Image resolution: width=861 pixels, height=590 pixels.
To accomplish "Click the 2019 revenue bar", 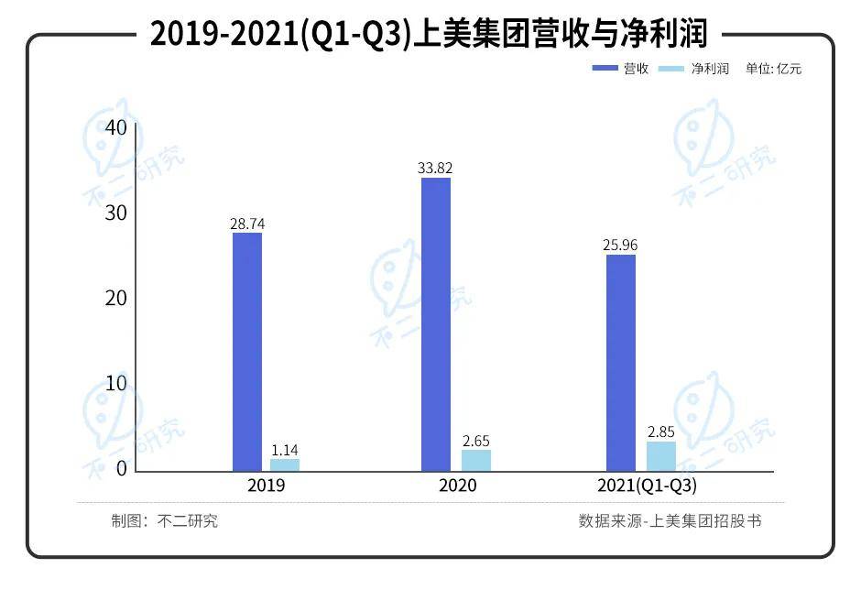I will [x=247, y=352].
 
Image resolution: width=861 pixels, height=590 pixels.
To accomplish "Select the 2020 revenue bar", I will [x=436, y=324].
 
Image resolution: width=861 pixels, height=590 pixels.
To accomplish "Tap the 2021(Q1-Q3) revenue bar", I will [x=621, y=363].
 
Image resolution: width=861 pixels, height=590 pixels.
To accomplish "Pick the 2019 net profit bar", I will [x=285, y=464].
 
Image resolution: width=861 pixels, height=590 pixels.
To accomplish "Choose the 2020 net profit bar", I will [x=475, y=460].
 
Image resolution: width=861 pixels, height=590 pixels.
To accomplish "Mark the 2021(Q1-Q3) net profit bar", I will [x=660, y=456].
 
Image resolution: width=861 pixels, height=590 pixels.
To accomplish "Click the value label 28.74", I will [x=247, y=224].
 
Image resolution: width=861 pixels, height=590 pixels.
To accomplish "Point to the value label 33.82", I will [x=435, y=168].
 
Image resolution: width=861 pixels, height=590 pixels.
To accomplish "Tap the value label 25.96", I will [x=621, y=246].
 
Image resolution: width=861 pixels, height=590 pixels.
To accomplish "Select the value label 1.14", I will [x=285, y=450].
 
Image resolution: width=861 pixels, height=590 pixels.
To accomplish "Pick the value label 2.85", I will [x=660, y=432].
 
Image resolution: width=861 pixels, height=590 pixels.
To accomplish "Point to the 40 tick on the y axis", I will [x=115, y=127].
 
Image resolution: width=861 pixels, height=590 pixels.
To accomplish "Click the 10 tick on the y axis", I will [x=115, y=384].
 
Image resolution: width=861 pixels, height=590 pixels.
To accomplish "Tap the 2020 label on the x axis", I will [x=457, y=486].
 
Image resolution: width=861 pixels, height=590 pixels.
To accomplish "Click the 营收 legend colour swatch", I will [x=605, y=69].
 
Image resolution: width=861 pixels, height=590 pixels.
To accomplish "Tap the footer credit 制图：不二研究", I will [x=165, y=521].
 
